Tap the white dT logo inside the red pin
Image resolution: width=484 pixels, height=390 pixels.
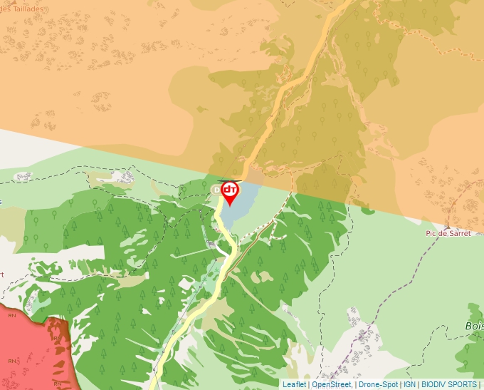(230, 190)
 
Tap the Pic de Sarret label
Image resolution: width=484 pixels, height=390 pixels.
(448, 234)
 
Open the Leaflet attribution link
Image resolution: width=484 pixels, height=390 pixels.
(294, 384)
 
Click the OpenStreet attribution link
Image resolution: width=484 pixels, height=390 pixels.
(331, 384)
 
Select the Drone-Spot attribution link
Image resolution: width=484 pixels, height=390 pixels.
(378, 384)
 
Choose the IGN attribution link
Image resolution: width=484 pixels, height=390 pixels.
(410, 384)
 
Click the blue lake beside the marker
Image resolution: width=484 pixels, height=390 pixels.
(242, 203)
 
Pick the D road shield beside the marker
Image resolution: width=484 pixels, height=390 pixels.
(217, 190)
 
